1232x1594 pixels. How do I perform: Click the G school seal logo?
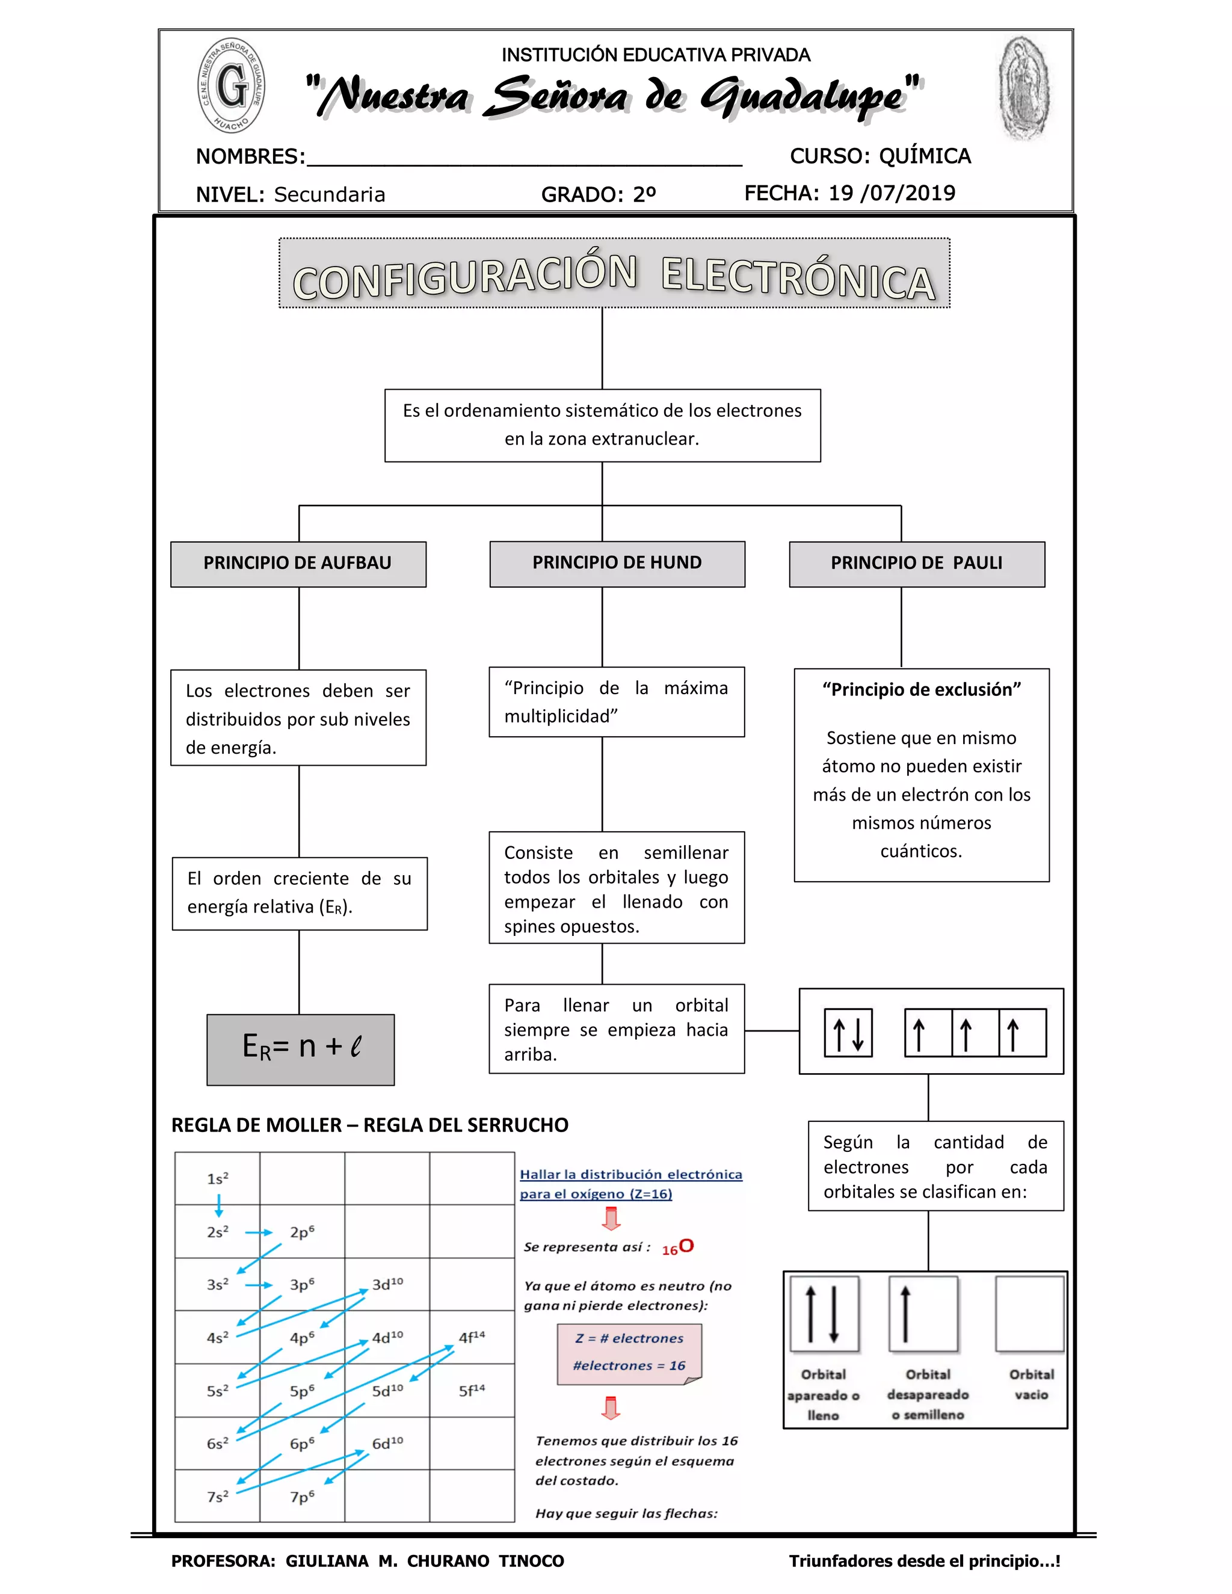click(232, 86)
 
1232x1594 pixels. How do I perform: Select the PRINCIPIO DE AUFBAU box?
click(298, 564)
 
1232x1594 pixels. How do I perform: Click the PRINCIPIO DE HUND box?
click(617, 564)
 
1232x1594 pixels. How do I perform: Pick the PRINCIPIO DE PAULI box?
click(917, 564)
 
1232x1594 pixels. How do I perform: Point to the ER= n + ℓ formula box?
click(301, 1049)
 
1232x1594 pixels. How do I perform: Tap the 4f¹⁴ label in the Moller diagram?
click(472, 1337)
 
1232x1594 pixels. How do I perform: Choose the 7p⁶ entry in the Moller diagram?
click(302, 1496)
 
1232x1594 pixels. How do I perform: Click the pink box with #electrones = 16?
click(629, 1353)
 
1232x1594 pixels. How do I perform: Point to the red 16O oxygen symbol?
click(678, 1248)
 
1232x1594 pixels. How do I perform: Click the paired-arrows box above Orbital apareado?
click(824, 1314)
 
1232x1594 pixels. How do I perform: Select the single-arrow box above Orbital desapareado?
click(923, 1314)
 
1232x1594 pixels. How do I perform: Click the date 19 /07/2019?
click(892, 192)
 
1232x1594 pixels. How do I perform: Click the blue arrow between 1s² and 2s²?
click(218, 1205)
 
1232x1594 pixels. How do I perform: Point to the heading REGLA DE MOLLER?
click(256, 1125)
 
